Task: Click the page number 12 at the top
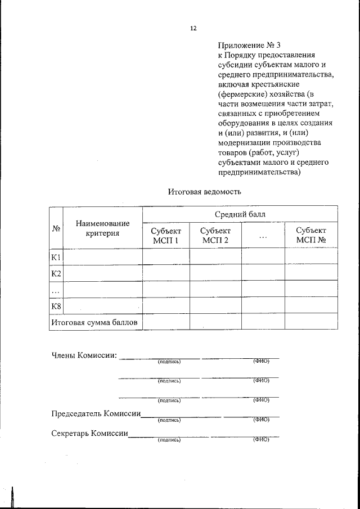pos(193,28)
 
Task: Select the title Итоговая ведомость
pos(205,191)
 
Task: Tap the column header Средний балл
pos(240,214)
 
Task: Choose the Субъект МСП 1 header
pos(166,236)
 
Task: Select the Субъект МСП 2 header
pos(215,236)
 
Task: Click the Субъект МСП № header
pos(311,236)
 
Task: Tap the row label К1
pos(56,257)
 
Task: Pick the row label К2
pos(56,273)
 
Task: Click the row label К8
pos(56,306)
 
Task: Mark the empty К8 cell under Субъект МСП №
pos(311,306)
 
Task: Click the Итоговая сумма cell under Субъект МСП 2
pos(215,322)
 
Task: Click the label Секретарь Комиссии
pos(90,434)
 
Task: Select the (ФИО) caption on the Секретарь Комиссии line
pos(261,439)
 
